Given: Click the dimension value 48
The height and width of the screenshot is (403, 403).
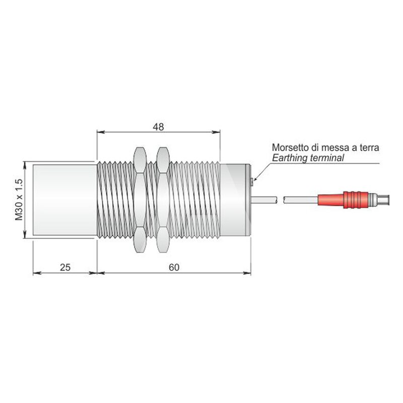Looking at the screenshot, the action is point(158,127).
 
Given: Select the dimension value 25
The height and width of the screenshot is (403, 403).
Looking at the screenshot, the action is point(65,267).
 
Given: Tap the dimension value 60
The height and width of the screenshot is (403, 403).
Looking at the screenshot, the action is point(174,267).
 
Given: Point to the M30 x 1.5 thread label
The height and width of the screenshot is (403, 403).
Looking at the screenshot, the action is point(19,200).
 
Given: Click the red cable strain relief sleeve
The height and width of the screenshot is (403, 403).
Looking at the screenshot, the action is point(343,199).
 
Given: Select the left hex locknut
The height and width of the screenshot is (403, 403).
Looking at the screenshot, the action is point(141,200).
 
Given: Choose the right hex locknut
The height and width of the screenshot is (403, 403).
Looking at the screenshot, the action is point(163,200).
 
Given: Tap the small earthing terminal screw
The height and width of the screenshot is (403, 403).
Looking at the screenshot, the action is point(252,181).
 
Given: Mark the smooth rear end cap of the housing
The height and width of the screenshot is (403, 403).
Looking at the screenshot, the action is point(235,200).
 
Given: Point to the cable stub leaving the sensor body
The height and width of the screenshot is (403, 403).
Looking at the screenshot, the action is point(264,199).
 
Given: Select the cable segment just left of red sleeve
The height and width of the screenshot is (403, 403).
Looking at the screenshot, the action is point(301,199).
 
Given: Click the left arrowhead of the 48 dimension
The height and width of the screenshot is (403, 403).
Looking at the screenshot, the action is point(101,132).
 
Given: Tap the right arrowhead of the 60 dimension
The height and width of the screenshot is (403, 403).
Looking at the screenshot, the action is point(247,273).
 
